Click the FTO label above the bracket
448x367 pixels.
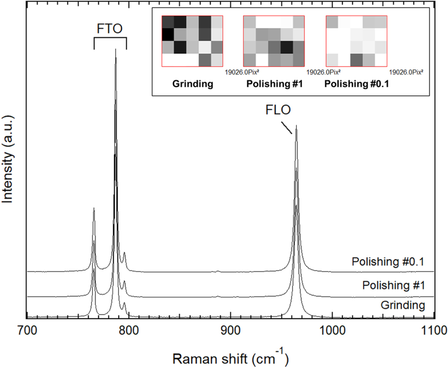pyautogui.click(x=110, y=29)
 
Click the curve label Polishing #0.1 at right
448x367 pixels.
pyautogui.click(x=388, y=262)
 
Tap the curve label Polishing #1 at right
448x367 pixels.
pyautogui.click(x=393, y=285)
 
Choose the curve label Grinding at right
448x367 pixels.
pyautogui.click(x=402, y=306)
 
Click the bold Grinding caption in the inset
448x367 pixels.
pyautogui.click(x=192, y=83)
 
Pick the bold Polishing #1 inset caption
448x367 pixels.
pyautogui.click(x=274, y=83)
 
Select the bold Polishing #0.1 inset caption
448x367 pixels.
pyautogui.click(x=357, y=83)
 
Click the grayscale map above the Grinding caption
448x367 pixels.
pyautogui.click(x=192, y=41)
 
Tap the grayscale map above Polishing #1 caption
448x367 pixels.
pyautogui.click(x=274, y=41)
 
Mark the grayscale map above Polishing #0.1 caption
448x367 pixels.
pyautogui.click(x=357, y=41)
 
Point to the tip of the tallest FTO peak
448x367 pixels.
pyautogui.click(x=116, y=49)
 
